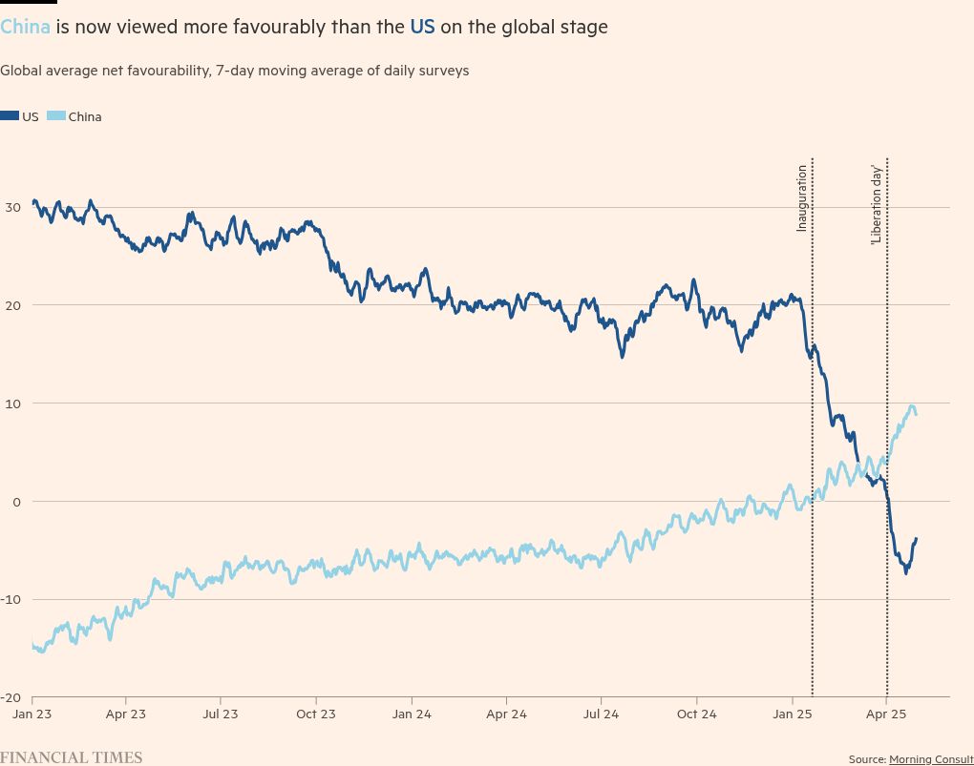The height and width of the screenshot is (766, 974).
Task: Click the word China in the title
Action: (25, 27)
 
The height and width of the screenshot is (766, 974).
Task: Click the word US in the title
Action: (422, 27)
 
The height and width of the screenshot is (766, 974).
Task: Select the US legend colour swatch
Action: (10, 115)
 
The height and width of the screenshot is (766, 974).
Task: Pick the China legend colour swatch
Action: (56, 115)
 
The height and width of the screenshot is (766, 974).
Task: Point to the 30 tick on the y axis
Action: (12, 207)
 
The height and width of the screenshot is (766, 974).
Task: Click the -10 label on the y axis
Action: (11, 600)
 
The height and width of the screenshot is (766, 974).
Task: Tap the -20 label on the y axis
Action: (11, 697)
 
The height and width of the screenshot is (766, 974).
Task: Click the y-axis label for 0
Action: (16, 502)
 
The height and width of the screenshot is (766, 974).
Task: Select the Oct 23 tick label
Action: (315, 714)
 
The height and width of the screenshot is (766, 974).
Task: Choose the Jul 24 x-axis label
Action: (601, 714)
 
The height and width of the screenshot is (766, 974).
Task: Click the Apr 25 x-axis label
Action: (886, 714)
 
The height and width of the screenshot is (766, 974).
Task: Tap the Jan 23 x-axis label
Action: (32, 714)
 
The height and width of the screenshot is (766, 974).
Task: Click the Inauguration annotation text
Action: (801, 198)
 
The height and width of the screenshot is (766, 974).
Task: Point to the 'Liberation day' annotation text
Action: (876, 205)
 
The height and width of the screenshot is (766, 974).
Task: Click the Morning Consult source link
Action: (931, 759)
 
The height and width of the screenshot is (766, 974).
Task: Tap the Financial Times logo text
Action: (71, 757)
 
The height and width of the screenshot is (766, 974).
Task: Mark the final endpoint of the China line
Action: (917, 415)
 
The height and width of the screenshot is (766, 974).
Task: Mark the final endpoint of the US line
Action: (917, 539)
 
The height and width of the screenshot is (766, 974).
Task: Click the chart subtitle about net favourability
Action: (234, 71)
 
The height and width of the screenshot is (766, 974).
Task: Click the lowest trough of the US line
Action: (905, 573)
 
